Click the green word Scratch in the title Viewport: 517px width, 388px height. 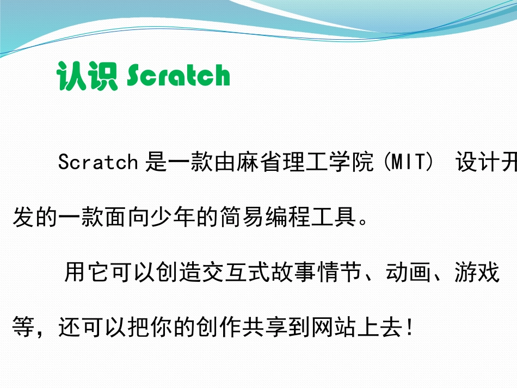(x=179, y=76)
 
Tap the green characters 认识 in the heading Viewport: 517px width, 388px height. (x=87, y=76)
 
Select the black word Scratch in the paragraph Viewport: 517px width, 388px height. (x=99, y=162)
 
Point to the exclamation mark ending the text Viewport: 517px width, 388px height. (x=410, y=329)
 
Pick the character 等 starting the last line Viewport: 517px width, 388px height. (x=23, y=329)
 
